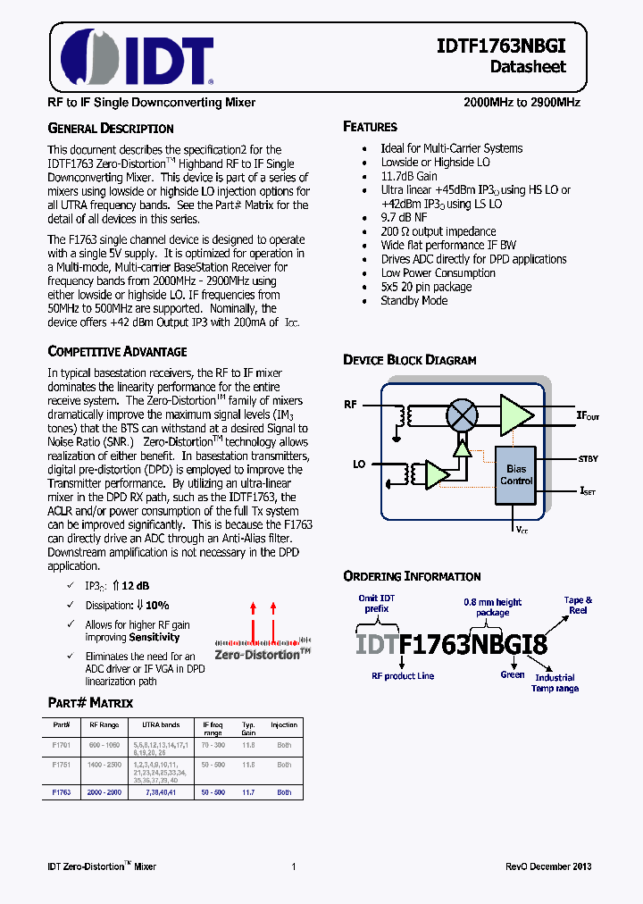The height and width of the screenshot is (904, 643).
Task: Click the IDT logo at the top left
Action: [136, 60]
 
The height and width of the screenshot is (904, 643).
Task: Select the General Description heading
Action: [110, 129]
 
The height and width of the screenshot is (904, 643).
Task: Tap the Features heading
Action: [370, 127]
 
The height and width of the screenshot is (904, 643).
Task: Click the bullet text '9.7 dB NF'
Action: [405, 217]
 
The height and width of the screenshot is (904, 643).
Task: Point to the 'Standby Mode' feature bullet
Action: [414, 301]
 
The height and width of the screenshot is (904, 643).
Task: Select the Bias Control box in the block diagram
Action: [515, 474]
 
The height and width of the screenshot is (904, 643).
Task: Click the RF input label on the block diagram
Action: [351, 405]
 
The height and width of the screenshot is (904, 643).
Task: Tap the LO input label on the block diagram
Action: [360, 465]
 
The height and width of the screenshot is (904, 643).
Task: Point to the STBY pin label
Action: [588, 459]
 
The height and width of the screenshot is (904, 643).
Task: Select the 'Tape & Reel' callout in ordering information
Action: [578, 606]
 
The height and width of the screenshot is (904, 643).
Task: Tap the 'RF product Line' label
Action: [403, 676]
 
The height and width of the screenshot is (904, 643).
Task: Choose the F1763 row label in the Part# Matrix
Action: [62, 792]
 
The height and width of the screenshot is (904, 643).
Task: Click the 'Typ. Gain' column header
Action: [249, 728]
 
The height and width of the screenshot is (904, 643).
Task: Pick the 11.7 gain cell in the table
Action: [249, 792]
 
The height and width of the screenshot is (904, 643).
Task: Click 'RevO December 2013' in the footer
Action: [547, 866]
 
